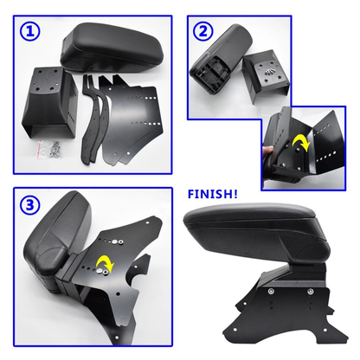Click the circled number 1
(30, 31)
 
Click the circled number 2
(203, 31)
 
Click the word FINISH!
(213, 194)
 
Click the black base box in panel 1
(49, 104)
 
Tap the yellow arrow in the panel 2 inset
(302, 144)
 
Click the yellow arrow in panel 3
(106, 262)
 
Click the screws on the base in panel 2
(269, 71)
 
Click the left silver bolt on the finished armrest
(272, 292)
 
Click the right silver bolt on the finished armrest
(310, 292)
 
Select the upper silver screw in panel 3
(116, 241)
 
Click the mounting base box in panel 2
(266, 75)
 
